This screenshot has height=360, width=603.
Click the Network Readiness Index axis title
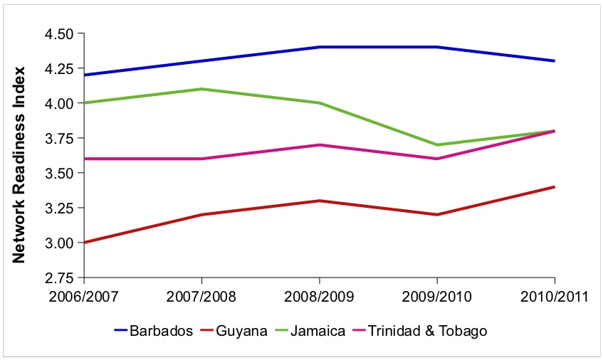pyautogui.click(x=21, y=164)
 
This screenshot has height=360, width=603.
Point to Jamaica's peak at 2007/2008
pyautogui.click(x=202, y=89)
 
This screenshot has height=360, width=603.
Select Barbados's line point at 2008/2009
pyautogui.click(x=320, y=47)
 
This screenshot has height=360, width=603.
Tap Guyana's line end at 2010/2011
pyautogui.click(x=555, y=187)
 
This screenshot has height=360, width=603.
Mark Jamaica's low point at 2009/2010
pyautogui.click(x=437, y=144)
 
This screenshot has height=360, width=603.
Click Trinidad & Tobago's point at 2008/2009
pyautogui.click(x=320, y=144)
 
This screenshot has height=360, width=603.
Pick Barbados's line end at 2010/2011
pyautogui.click(x=555, y=61)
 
